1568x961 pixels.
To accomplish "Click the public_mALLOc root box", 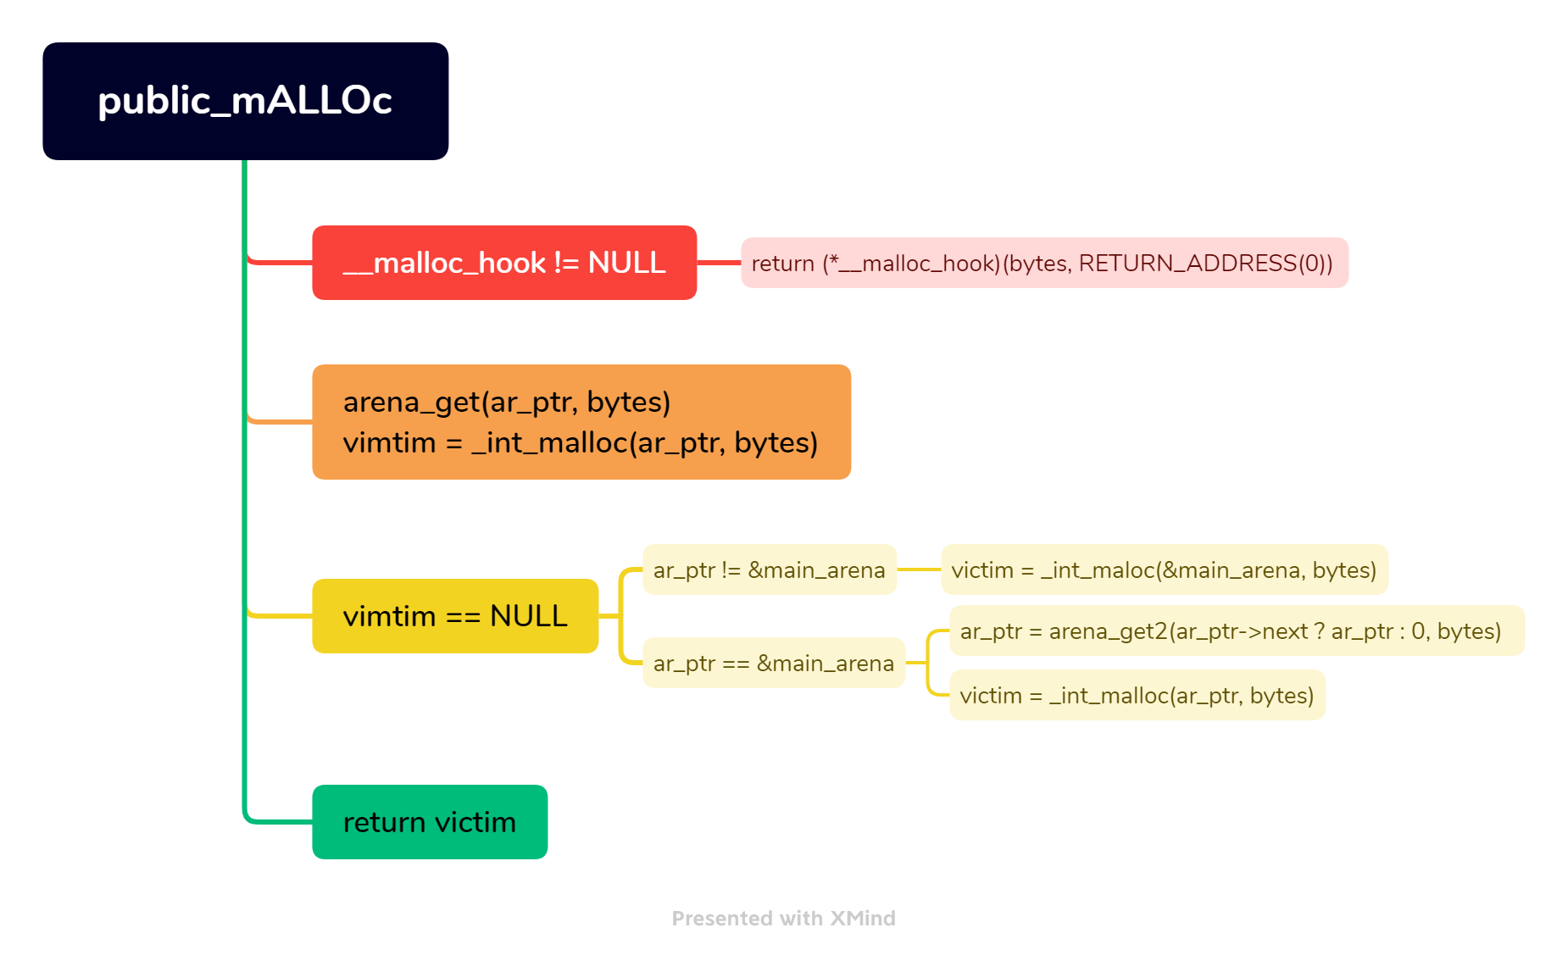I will pos(245,101).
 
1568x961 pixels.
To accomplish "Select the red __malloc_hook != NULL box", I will pos(504,263).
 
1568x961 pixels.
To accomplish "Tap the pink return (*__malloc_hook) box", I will pos(1044,263).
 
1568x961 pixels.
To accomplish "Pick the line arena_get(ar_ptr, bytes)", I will pos(506,402).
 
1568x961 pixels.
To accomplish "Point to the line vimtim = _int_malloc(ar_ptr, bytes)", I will pos(580,442).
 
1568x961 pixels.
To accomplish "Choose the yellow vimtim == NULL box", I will pos(455,616).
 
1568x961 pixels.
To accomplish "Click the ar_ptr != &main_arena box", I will pos(769,569).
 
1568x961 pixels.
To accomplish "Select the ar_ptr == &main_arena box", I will pos(773,663).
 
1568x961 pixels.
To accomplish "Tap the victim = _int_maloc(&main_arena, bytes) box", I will pos(1164,569).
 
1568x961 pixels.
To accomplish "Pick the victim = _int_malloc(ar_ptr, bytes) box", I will pos(1137,695).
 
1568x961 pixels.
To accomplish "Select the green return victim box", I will pos(430,822).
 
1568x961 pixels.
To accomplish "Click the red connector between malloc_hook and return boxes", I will pos(719,263).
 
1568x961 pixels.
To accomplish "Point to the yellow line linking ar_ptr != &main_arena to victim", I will pos(919,569).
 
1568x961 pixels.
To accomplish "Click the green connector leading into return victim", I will pos(280,822).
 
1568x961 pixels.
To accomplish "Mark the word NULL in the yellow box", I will pos(528,616).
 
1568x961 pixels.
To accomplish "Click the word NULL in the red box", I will pos(626,263).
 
